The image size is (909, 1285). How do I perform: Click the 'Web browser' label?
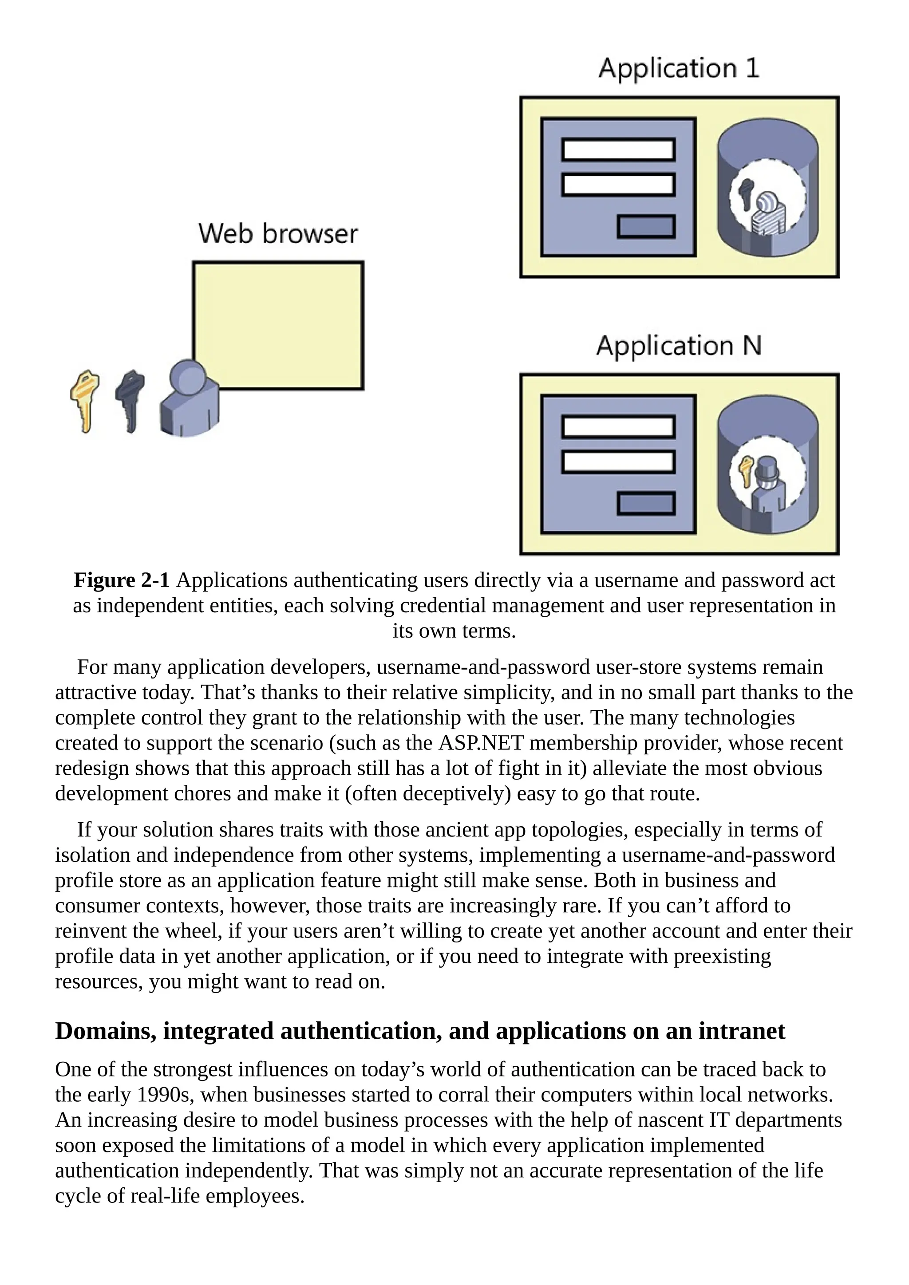[x=277, y=234]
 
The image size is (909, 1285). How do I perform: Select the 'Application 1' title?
[x=678, y=68]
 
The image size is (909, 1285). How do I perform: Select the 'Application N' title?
[x=678, y=346]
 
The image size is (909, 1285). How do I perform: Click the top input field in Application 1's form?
[x=618, y=150]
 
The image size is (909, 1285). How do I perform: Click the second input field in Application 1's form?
[x=618, y=185]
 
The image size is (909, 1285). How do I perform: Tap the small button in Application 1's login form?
[x=646, y=227]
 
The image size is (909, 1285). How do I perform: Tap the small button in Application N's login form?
[x=646, y=504]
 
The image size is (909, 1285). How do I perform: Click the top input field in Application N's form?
[x=618, y=427]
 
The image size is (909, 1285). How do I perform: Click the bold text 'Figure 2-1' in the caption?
[x=122, y=580]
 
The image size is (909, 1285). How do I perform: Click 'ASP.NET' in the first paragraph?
[x=481, y=743]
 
